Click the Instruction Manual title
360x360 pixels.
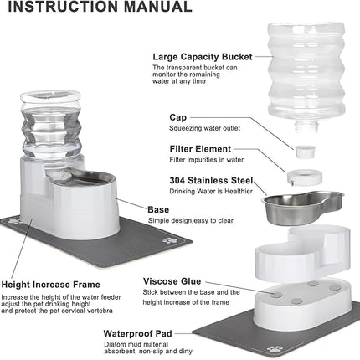click(100, 8)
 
